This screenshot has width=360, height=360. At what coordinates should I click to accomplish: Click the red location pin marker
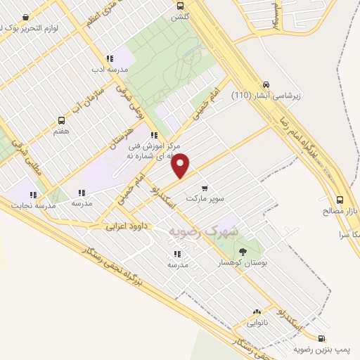tap(181, 165)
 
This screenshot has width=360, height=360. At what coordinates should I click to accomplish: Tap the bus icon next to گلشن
tap(181, 6)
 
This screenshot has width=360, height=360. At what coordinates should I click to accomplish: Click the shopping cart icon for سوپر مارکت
tap(204, 188)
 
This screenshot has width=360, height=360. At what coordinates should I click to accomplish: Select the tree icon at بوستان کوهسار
tap(243, 251)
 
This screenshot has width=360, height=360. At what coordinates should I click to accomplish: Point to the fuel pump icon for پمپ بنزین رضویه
tap(321, 338)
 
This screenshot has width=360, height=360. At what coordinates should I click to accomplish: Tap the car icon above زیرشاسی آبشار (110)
tap(266, 82)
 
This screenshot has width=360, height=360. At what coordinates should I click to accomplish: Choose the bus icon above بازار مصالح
tap(340, 199)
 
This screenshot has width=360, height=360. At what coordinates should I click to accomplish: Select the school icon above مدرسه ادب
tap(109, 59)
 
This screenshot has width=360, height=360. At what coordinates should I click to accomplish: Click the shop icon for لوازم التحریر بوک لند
tap(26, 17)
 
